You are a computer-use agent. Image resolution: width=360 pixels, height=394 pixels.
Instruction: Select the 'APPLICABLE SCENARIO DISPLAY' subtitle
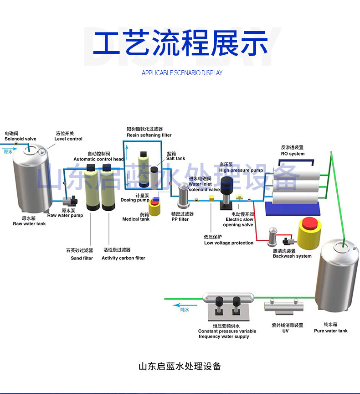click(182, 73)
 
